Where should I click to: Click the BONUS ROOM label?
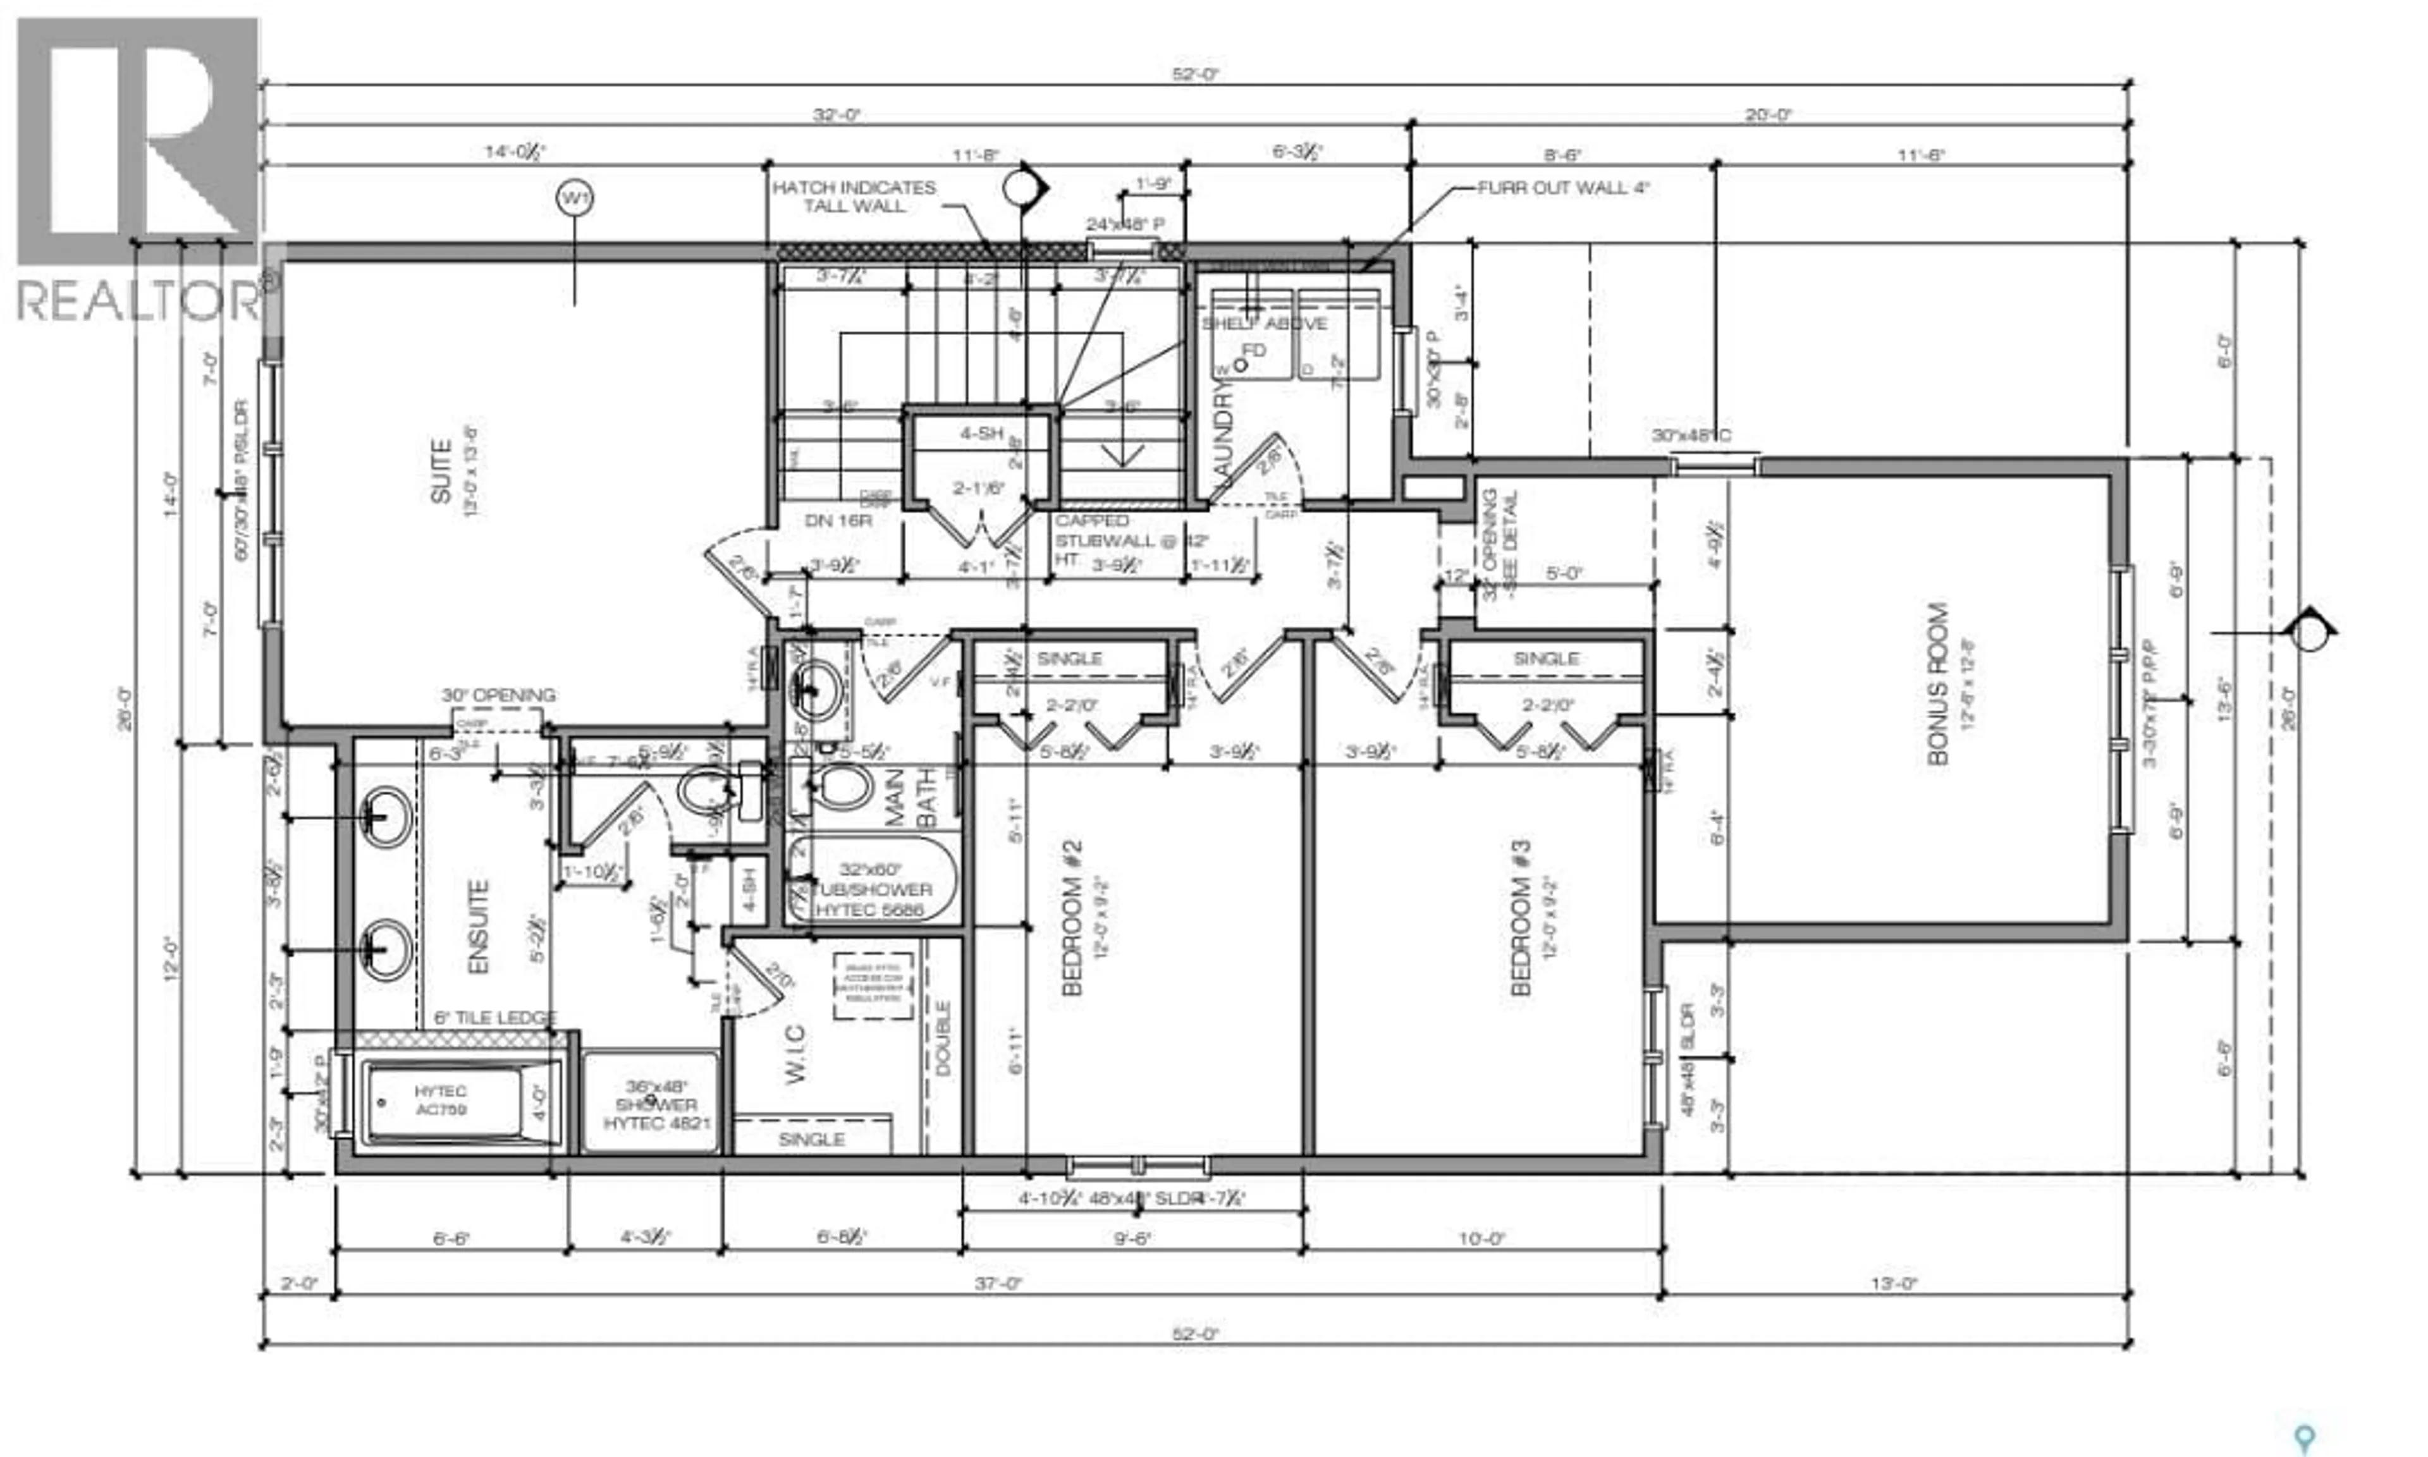click(1937, 685)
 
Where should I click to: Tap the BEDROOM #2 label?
click(1072, 918)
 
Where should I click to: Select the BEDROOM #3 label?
click(1520, 918)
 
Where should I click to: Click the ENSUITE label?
click(478, 928)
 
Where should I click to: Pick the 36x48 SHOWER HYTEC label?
click(656, 1104)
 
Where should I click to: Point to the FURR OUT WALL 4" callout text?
click(1563, 188)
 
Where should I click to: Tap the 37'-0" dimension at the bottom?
click(998, 1283)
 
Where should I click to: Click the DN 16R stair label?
click(838, 520)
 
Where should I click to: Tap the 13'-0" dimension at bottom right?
click(1893, 1283)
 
